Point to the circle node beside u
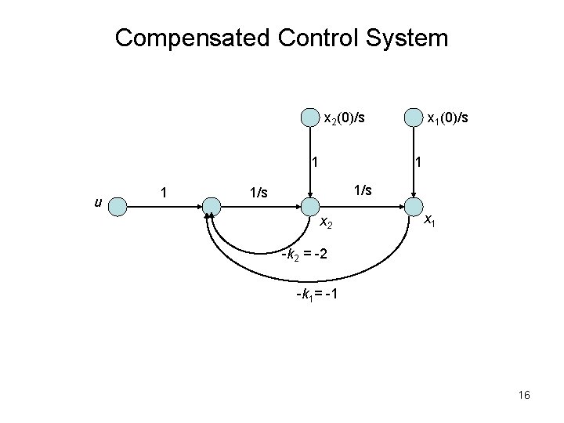[117, 207]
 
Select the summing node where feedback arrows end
[211, 207]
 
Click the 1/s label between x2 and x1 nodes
[363, 190]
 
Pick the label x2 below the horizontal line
[327, 224]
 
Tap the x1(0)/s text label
[446, 118]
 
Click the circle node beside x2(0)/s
[311, 118]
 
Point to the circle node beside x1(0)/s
[412, 118]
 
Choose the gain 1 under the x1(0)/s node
[419, 164]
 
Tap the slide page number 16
[523, 396]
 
